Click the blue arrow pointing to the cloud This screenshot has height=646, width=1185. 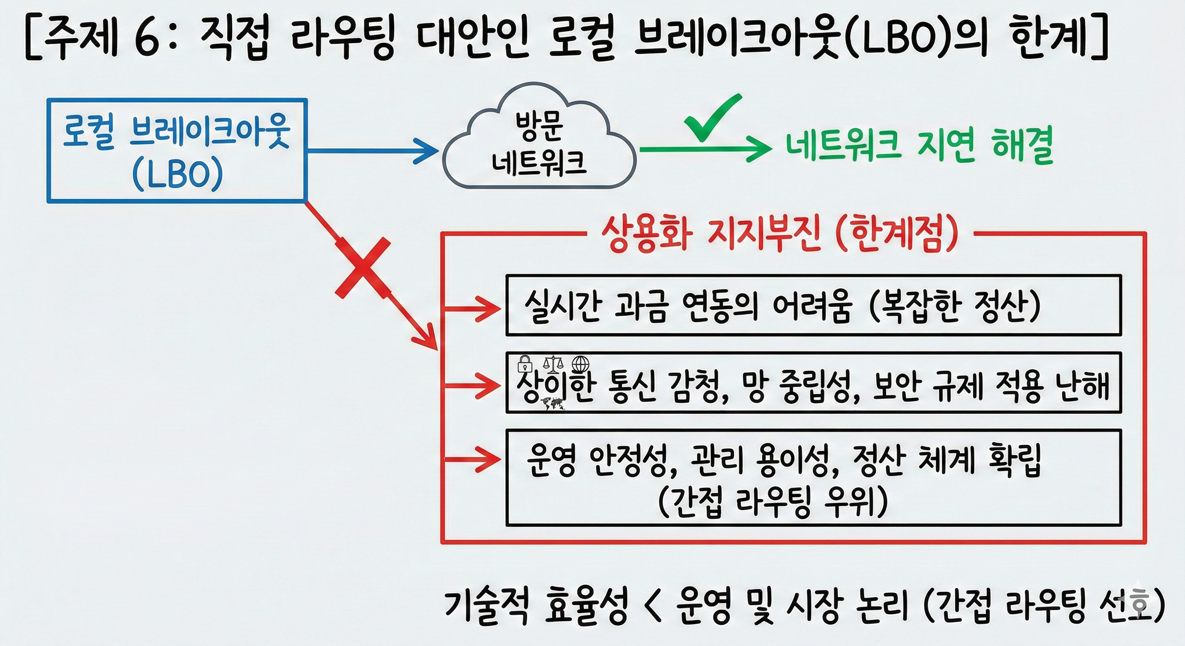pyautogui.click(x=372, y=150)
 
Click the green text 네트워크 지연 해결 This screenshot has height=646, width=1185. pyautogui.click(x=919, y=146)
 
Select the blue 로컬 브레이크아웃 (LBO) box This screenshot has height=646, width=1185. pyautogui.click(x=177, y=150)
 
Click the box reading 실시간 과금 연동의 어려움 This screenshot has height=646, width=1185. pyautogui.click(x=813, y=305)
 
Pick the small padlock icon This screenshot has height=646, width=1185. pyautogui.click(x=525, y=364)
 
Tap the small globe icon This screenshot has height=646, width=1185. pyautogui.click(x=580, y=364)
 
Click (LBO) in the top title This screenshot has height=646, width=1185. pyautogui.click(x=894, y=39)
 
